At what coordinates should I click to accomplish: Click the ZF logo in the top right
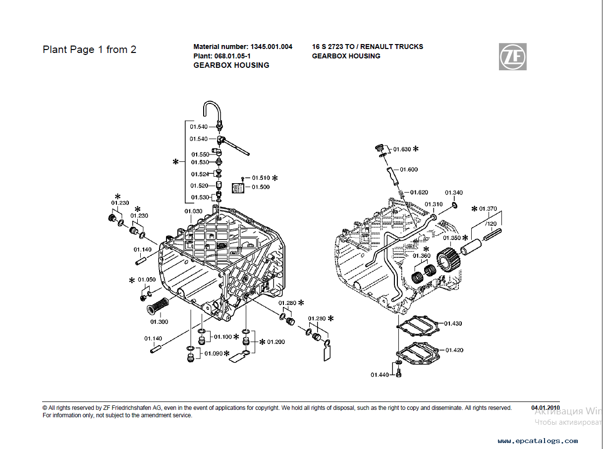click(x=512, y=56)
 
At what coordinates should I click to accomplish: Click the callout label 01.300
click(x=160, y=322)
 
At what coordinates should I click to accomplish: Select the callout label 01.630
click(x=402, y=149)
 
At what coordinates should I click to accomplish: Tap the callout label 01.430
click(x=453, y=323)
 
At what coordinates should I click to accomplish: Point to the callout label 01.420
click(x=454, y=350)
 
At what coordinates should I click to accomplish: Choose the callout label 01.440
click(x=380, y=375)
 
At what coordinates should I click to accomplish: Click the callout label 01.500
click(x=261, y=187)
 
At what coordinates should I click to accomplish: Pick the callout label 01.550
click(x=201, y=154)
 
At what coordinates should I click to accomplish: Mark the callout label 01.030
click(x=193, y=211)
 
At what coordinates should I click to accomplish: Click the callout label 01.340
click(x=454, y=193)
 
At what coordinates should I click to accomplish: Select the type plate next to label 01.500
click(x=239, y=188)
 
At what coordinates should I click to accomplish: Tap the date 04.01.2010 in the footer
click(x=546, y=408)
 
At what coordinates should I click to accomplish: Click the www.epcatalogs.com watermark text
click(x=538, y=441)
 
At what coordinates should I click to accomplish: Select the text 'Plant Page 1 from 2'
click(x=90, y=50)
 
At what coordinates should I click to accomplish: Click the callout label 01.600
click(x=409, y=169)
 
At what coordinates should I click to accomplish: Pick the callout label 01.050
click(x=147, y=280)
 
